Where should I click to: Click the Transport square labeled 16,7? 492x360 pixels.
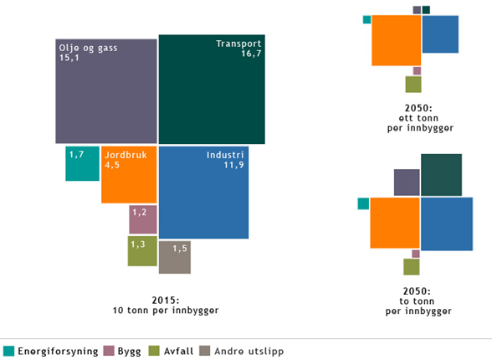point(212,89)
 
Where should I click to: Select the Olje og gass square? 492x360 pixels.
point(105,90)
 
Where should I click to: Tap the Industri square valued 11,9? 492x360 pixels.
point(203,193)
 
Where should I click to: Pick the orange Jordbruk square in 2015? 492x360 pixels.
point(129,175)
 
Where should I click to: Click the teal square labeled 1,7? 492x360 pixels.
point(82,163)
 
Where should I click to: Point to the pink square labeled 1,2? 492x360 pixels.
point(142,219)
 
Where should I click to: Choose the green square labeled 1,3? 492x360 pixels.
point(141,250)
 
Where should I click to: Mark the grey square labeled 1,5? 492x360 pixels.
point(174,257)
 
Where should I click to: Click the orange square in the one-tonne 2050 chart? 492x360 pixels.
point(396,40)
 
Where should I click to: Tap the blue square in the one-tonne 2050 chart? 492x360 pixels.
point(440,34)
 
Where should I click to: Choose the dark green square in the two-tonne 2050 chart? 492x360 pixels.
point(441,175)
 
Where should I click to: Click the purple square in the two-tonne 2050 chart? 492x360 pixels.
point(407,182)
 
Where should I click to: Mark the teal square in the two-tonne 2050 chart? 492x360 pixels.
point(363,203)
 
